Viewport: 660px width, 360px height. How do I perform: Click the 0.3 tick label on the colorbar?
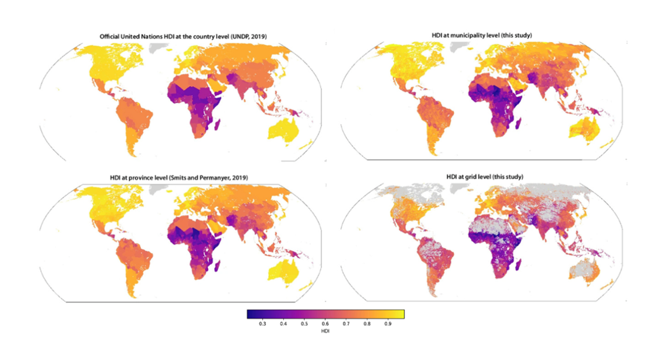[x=262, y=325]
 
